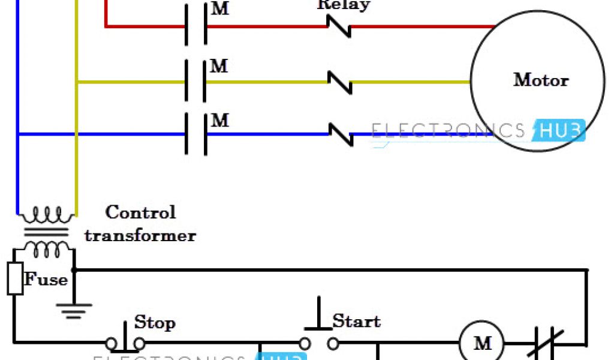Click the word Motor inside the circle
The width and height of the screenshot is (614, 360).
point(540,80)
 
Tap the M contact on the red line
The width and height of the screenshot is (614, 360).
point(196,26)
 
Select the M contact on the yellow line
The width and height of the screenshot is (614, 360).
point(196,82)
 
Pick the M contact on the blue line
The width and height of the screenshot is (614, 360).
point(196,134)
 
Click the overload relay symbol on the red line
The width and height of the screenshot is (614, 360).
point(339,26)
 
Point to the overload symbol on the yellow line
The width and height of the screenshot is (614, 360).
point(340,82)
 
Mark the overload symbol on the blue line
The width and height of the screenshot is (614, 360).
point(341,134)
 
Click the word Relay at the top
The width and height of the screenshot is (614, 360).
point(344,5)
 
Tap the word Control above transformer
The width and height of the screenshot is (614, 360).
point(140,212)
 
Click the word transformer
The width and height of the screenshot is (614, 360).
point(140,235)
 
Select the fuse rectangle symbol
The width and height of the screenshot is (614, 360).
point(15,278)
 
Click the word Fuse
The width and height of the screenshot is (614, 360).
point(45,280)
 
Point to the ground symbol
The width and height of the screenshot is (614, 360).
point(74,308)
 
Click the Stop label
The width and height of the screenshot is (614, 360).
point(155,323)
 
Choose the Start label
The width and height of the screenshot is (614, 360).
point(356,322)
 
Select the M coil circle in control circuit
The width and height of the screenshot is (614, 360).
point(483,344)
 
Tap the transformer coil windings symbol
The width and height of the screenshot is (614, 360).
point(46,230)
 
